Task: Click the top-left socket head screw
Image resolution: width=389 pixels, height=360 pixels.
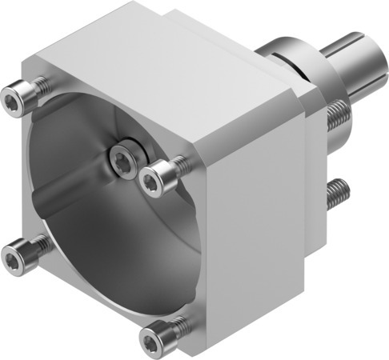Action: (11, 99)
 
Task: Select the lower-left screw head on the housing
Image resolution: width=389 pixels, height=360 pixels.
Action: (14, 255)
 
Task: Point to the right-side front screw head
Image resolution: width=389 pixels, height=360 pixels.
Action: (152, 179)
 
